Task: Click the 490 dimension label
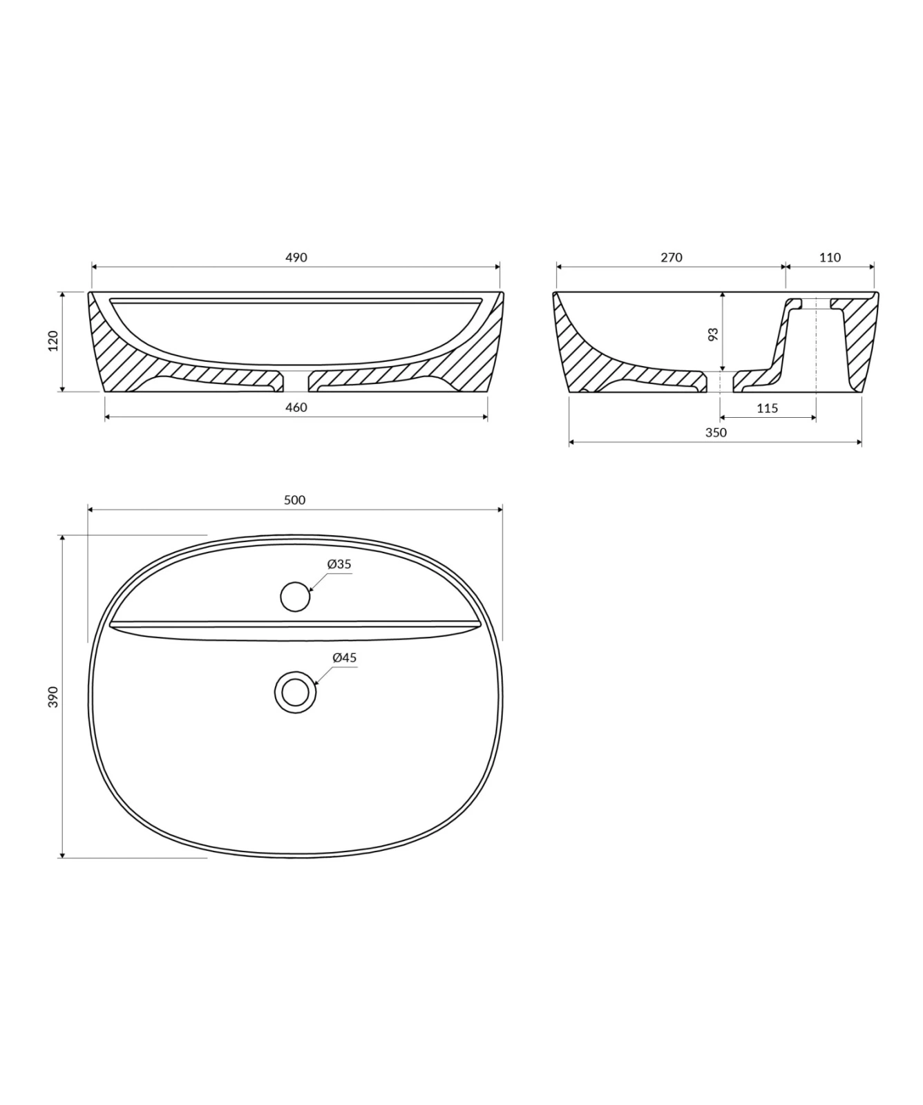296,258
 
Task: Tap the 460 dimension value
296,407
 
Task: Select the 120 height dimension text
54,341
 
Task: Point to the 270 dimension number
671,258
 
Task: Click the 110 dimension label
830,258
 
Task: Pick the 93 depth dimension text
714,334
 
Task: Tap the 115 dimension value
767,408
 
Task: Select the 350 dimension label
716,433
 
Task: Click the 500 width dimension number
294,500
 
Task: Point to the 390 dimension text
54,697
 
